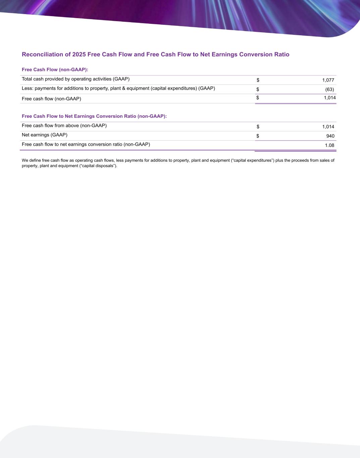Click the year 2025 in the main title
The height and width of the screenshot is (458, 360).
coord(79,54)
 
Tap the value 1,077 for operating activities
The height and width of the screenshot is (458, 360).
coord(328,80)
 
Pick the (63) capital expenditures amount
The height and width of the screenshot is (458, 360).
coord(329,89)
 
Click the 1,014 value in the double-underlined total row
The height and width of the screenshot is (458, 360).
coord(329,98)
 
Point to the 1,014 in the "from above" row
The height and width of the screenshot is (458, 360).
coord(328,126)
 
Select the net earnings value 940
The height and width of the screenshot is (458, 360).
coord(330,136)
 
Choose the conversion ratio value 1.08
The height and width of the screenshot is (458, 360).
coord(329,145)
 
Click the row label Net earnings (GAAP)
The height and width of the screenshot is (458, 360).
coord(45,135)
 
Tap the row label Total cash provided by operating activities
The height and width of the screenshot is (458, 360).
coord(75,79)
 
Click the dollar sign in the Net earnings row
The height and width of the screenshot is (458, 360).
coord(258,136)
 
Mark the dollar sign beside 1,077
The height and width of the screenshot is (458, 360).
coord(258,80)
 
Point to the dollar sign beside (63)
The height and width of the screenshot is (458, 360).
coord(258,89)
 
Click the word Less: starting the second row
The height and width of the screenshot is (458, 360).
coord(28,88)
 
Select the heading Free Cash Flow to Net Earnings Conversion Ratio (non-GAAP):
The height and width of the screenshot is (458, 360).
coord(94,116)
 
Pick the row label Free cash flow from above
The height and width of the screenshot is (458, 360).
coord(64,125)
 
